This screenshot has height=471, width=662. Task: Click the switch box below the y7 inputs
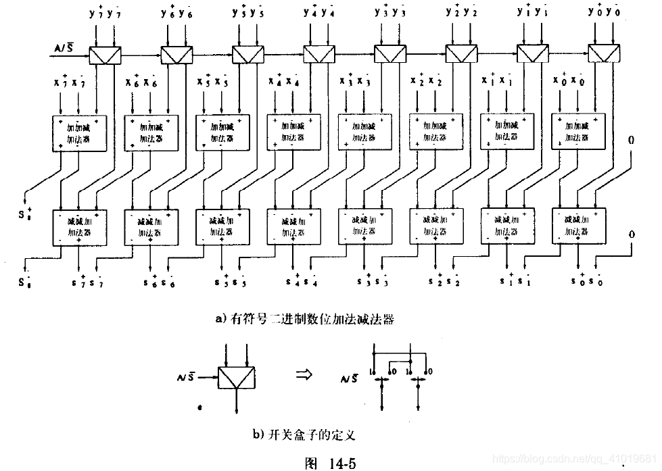pos(104,53)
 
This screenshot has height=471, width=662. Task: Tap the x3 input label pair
pos(354,82)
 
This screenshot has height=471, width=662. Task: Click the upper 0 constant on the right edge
pos(631,141)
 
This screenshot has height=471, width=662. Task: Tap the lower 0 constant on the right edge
pos(631,234)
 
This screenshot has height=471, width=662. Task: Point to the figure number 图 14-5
pos(331,462)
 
